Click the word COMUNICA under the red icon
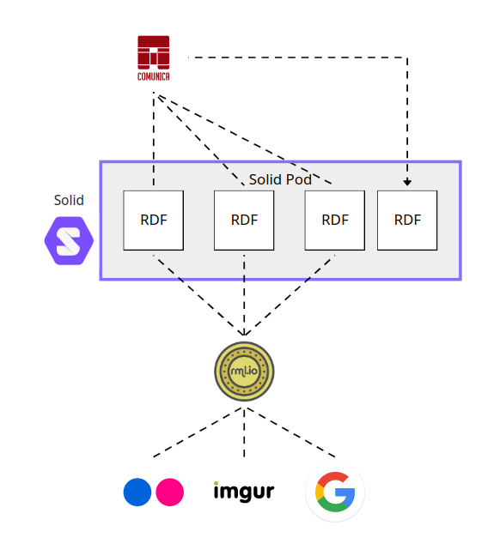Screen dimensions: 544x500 pyautogui.click(x=154, y=76)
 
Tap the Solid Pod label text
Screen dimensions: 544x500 pyautogui.click(x=280, y=179)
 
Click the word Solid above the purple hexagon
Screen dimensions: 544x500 pyautogui.click(x=69, y=200)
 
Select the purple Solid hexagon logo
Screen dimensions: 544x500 pyautogui.click(x=68, y=240)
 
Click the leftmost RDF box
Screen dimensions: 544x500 pyautogui.click(x=154, y=220)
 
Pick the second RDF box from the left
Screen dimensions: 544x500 pyautogui.click(x=244, y=220)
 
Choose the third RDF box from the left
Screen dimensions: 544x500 pyautogui.click(x=335, y=220)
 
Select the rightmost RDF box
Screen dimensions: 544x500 pyautogui.click(x=407, y=220)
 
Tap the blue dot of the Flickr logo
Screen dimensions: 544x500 pyautogui.click(x=137, y=493)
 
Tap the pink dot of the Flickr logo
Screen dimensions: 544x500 pyautogui.click(x=170, y=493)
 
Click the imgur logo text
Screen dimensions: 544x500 pyautogui.click(x=244, y=492)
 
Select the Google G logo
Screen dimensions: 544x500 pyautogui.click(x=335, y=494)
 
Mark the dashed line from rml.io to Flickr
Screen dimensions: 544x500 pyautogui.click(x=198, y=432)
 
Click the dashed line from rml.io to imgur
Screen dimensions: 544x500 pyautogui.click(x=244, y=433)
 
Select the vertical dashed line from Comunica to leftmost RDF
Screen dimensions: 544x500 pyautogui.click(x=154, y=137)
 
